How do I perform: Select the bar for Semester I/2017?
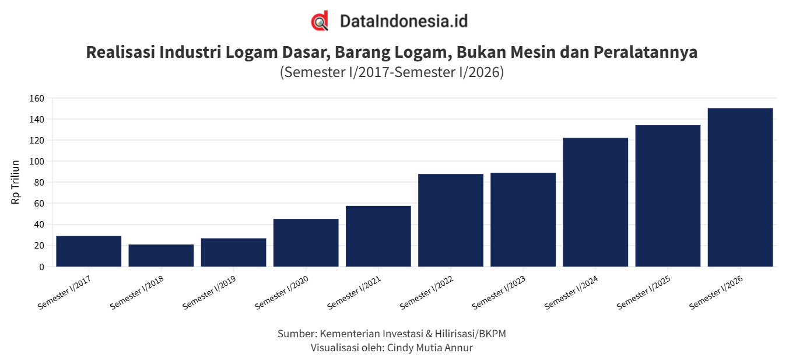point(89,251)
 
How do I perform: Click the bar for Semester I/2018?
point(161,256)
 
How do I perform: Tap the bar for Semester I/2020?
point(306,243)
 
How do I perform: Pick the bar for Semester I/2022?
point(451,220)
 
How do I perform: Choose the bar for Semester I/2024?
point(595,202)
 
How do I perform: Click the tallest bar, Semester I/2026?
point(740,187)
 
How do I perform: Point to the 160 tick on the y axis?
point(37,99)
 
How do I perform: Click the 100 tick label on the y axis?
point(37,162)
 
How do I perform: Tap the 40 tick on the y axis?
point(39,225)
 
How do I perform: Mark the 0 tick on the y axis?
point(42,267)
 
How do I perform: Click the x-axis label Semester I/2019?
point(209,292)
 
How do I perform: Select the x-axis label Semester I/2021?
point(354,292)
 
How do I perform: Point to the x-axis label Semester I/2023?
point(499,292)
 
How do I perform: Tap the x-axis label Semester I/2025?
point(644,292)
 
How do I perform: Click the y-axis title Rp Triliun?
point(15,182)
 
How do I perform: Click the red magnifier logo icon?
point(320,21)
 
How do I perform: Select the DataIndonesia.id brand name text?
point(404,21)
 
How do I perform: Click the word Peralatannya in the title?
point(646,52)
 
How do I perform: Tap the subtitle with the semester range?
point(392,72)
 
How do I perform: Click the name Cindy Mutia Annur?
point(430,348)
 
